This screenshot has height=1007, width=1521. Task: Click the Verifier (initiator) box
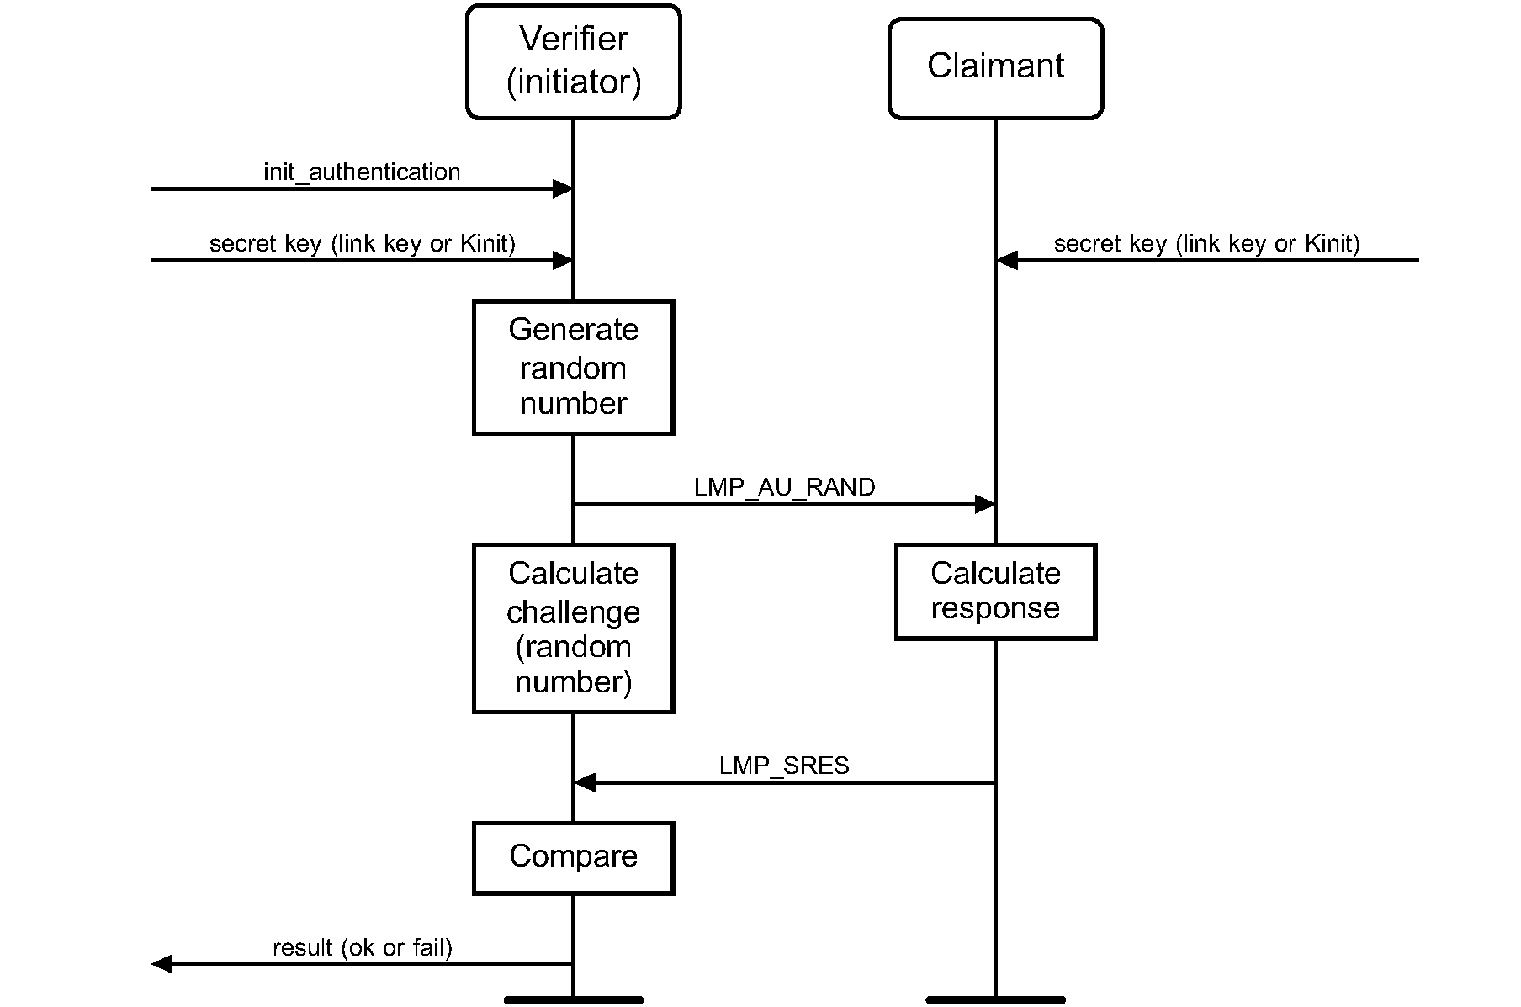pyautogui.click(x=573, y=61)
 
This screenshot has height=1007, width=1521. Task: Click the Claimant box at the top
pyautogui.click(x=995, y=67)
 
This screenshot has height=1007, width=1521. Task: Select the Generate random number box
pyautogui.click(x=573, y=367)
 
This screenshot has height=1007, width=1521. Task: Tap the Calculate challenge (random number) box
pyautogui.click(x=573, y=628)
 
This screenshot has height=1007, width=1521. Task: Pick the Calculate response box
pyautogui.click(x=995, y=591)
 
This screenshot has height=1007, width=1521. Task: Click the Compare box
pyautogui.click(x=573, y=857)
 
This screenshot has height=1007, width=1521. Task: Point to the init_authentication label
pyautogui.click(x=362, y=172)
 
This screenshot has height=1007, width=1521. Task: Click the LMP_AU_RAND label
pyautogui.click(x=784, y=488)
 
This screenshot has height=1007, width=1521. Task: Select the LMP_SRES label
pyautogui.click(x=784, y=766)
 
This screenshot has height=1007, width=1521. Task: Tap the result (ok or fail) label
pyautogui.click(x=363, y=948)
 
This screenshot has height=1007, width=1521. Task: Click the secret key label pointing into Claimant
pyautogui.click(x=1206, y=244)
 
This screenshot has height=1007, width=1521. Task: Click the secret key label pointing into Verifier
pyautogui.click(x=362, y=244)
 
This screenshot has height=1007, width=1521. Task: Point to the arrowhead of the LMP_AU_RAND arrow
pyautogui.click(x=984, y=505)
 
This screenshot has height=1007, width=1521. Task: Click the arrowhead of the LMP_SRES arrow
pyautogui.click(x=585, y=783)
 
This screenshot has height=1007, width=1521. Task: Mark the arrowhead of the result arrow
pyautogui.click(x=162, y=964)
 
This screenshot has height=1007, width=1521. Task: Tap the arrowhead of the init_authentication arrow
pyautogui.click(x=562, y=189)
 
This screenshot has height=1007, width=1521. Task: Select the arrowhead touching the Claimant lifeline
pyautogui.click(x=1007, y=261)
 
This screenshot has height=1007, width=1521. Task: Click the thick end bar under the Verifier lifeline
pyautogui.click(x=573, y=999)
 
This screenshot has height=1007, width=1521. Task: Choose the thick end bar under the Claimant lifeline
pyautogui.click(x=995, y=999)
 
